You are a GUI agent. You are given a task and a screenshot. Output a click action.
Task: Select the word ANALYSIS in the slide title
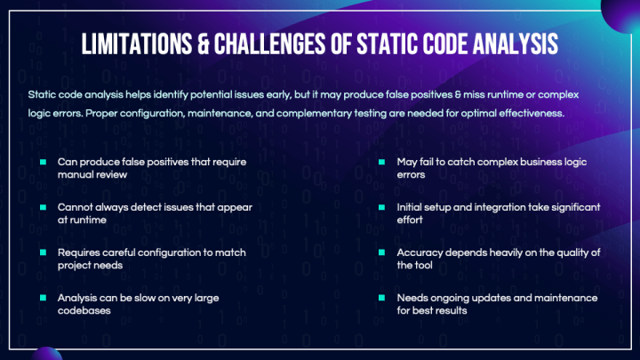click(511, 44)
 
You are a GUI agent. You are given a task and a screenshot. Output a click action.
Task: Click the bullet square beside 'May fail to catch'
click(381, 162)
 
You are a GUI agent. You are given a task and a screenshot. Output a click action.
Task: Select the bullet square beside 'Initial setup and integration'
click(381, 207)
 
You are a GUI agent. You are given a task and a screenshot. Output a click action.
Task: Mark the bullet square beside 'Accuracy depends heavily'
click(381, 252)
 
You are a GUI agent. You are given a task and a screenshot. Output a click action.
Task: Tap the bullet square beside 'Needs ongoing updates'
click(381, 298)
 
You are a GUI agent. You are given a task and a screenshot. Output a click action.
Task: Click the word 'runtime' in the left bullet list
click(89, 220)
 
